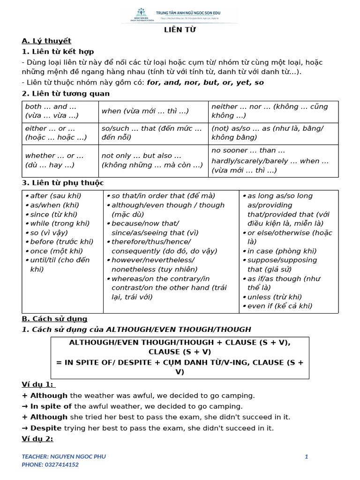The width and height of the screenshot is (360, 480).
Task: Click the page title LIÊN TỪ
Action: point(180,30)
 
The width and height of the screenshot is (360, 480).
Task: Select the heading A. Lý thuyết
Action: point(46,41)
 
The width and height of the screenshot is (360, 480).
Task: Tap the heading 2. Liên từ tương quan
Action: point(66,93)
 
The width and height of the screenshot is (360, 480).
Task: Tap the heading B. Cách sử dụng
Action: point(54,319)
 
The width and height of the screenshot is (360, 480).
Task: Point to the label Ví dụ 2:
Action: point(37,439)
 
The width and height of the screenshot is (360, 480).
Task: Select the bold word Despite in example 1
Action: point(46,428)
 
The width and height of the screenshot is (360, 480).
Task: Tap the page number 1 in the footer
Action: point(306,457)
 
